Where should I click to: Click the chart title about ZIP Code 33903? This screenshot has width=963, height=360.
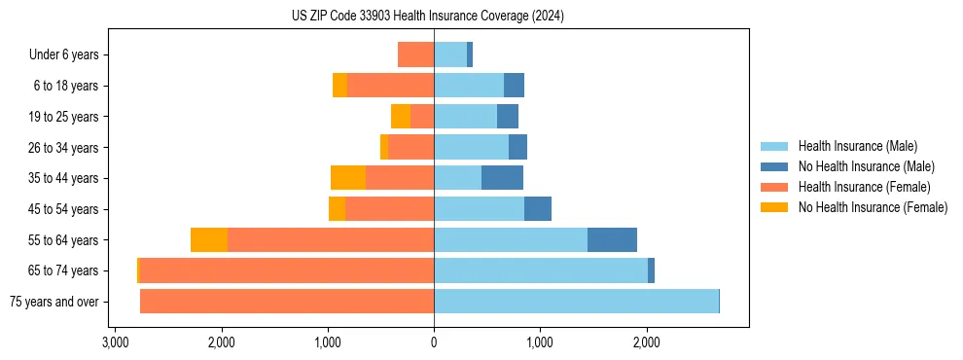point(427,17)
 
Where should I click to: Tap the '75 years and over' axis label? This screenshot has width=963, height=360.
point(54,302)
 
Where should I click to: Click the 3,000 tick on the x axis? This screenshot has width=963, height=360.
point(115,342)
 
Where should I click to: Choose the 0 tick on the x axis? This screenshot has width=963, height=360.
point(434,342)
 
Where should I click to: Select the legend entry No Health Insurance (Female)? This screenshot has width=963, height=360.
point(873,207)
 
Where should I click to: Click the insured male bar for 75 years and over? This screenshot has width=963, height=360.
point(576,302)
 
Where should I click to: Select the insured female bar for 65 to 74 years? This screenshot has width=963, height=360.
point(287,270)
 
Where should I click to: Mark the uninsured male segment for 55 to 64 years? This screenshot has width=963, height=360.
point(612,240)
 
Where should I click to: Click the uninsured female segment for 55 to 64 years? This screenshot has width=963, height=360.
point(209,240)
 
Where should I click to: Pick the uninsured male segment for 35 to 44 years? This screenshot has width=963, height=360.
point(502,178)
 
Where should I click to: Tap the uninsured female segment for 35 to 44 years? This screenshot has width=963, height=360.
point(348,178)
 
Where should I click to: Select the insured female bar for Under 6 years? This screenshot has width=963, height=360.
point(416,55)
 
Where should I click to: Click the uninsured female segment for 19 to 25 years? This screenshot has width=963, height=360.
point(401,117)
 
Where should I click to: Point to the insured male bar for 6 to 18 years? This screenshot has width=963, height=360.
point(469,86)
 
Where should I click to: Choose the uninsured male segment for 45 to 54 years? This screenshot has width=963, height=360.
point(538,209)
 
